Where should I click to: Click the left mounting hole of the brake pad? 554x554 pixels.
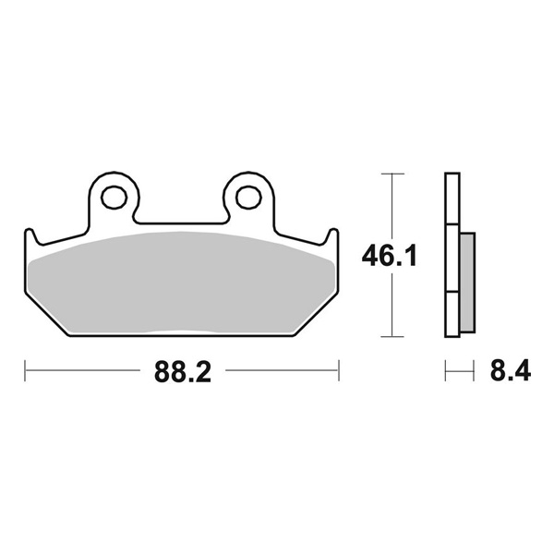(115, 197)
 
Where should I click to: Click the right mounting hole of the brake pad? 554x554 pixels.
(247, 197)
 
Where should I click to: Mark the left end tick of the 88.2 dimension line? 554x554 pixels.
(25, 373)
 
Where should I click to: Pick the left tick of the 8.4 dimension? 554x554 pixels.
(445, 373)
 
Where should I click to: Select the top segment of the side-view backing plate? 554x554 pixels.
(452, 199)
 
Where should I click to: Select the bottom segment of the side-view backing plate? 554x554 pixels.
(452, 314)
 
